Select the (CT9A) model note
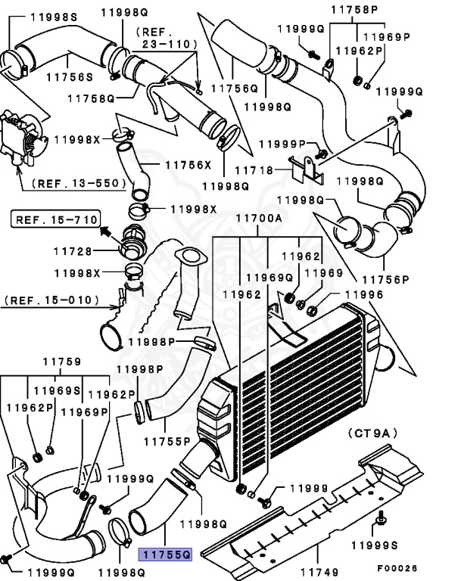tap(375, 434)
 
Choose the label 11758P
tap(357, 9)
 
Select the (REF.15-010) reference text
tap(50, 300)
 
